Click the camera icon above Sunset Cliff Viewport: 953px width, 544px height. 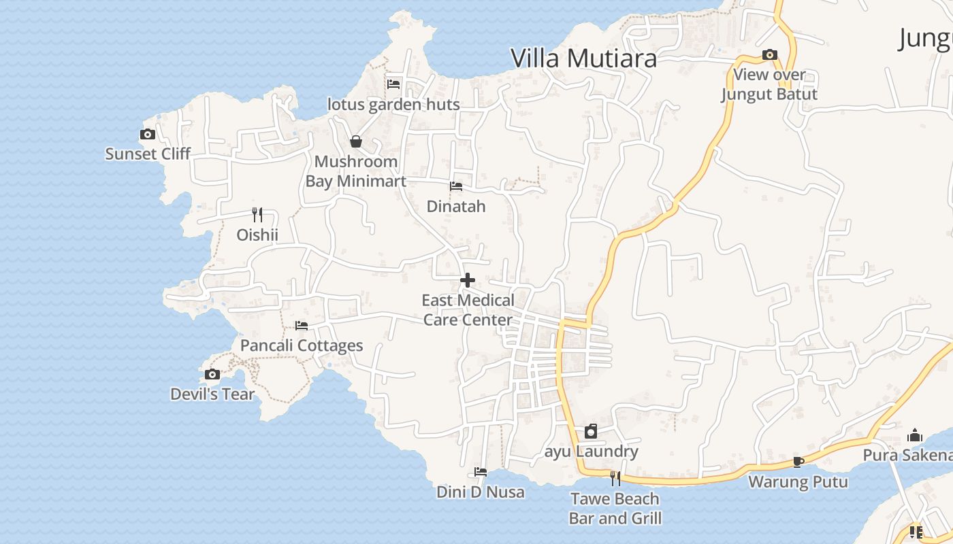tap(148, 135)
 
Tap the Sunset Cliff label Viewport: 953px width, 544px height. tap(148, 154)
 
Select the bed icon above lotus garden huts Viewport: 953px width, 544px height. tap(393, 84)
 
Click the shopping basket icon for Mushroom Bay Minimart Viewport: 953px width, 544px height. tap(355, 141)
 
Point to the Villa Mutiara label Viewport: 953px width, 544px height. tap(583, 58)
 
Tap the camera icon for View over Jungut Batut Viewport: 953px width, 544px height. tap(770, 55)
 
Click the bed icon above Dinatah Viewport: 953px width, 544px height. tap(456, 186)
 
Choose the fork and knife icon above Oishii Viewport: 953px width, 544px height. tap(257, 215)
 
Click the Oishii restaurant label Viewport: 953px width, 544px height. tap(257, 235)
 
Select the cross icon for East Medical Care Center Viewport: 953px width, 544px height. tap(468, 280)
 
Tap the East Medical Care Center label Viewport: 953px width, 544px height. tap(468, 310)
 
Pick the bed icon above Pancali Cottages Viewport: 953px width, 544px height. tap(302, 326)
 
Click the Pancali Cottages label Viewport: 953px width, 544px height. tap(302, 345)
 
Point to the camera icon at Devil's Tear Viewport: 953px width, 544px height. tap(212, 375)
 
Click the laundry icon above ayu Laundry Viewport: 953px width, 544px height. tap(591, 431)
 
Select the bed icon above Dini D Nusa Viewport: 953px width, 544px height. tap(481, 472)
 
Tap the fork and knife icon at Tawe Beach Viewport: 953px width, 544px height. tap(615, 479)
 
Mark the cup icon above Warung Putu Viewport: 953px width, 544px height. tap(798, 462)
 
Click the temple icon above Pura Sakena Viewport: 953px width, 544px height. tap(915, 435)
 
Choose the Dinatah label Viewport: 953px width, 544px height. tap(456, 206)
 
